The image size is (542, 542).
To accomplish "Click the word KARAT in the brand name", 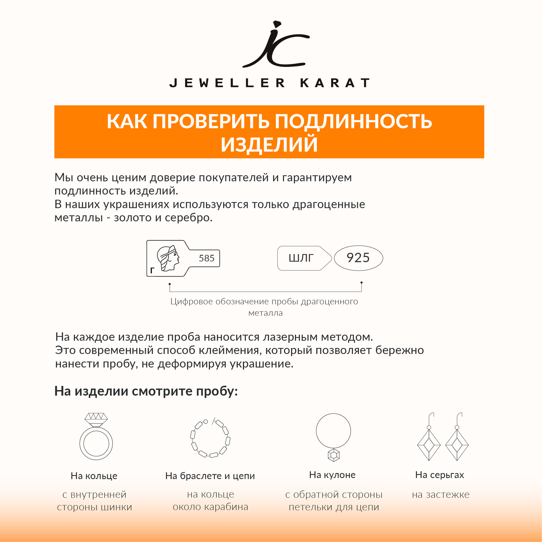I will point(335,83).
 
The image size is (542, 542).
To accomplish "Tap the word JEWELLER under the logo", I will point(227,83).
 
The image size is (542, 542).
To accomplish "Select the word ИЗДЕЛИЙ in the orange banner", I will point(269,144).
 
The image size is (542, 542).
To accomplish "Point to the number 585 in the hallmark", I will point(207,258).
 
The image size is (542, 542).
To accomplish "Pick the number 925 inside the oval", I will point(358,258).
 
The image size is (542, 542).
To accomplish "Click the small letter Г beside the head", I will point(152,270).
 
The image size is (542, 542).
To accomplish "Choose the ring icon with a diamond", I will point(96,437).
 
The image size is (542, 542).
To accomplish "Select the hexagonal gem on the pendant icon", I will point(334,455).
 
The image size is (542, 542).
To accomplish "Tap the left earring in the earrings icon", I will point(429,440).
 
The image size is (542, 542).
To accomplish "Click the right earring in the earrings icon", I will point(457,440).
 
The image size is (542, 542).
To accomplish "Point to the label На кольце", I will point(94,476).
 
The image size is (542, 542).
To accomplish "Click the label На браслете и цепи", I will point(210,476).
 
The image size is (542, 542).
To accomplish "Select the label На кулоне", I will point(332,475).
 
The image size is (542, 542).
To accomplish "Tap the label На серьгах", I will point(439,475).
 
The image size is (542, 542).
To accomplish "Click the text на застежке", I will point(440,494).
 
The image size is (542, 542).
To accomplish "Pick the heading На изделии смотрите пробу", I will point(146,391).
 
